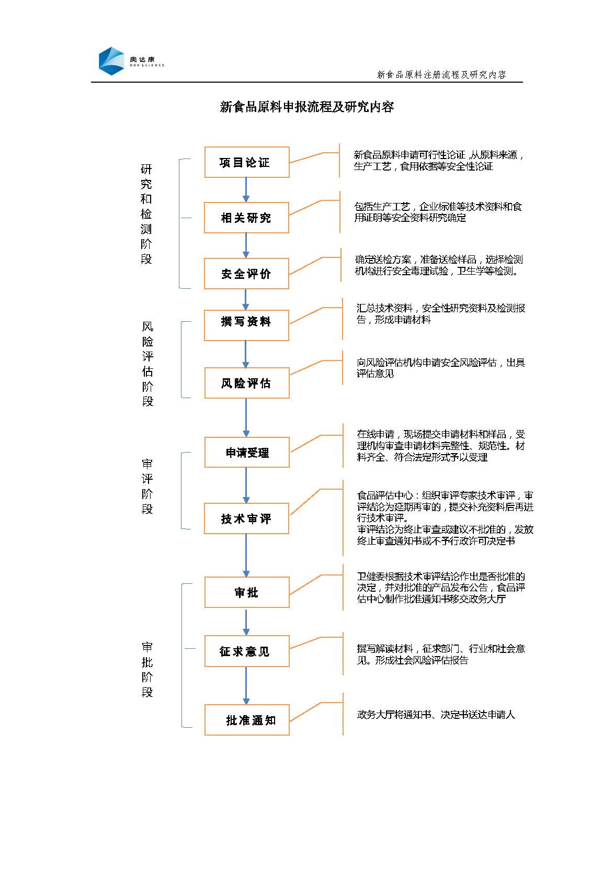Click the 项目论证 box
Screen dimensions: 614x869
pos(247,162)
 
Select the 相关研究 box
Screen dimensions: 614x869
pos(246,218)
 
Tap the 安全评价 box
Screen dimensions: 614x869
pos(246,274)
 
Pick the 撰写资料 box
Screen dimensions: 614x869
pos(246,325)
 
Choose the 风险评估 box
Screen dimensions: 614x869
pos(247,383)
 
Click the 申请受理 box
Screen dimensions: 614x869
pos(247,453)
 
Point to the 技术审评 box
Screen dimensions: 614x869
pos(246,518)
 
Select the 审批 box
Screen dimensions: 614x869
pos(247,592)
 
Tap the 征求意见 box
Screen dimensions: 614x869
pos(247,651)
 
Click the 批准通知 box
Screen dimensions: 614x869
pos(247,720)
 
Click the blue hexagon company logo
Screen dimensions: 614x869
pos(111,61)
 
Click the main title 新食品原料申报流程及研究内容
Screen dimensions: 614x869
pos(307,107)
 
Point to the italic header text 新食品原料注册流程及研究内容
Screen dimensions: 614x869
pos(441,74)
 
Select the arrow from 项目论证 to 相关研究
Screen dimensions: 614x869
pos(245,190)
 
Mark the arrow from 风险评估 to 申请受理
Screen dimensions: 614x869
pos(246,418)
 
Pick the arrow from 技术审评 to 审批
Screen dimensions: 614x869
pos(246,555)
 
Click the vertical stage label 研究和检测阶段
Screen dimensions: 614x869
pos(146,214)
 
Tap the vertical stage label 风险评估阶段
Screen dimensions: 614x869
pos(147,364)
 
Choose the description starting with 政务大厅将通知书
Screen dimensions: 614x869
pos(436,714)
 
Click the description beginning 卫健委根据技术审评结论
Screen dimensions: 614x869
pos(441,588)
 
